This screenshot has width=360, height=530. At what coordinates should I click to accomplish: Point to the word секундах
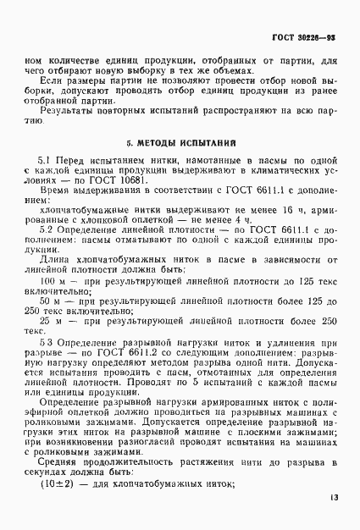point(49,472)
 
